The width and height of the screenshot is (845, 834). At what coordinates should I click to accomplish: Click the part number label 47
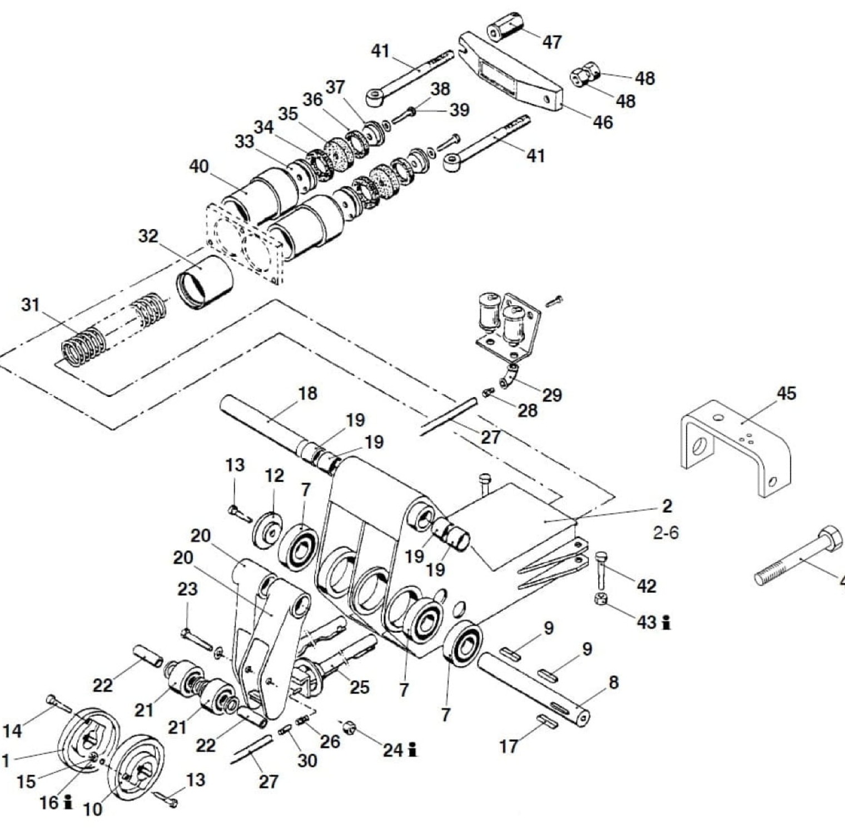pos(551,42)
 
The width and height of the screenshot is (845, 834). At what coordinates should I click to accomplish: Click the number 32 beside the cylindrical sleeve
pos(148,236)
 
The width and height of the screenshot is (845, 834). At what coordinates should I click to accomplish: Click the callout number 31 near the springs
pos(31,305)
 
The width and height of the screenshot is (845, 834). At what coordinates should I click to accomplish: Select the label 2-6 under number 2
pos(666,533)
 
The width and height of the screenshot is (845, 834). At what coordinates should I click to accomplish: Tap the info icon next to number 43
pos(666,623)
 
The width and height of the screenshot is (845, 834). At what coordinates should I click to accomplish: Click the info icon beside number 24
pos(412,750)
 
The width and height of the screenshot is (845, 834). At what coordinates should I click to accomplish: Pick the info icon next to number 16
pos(68,802)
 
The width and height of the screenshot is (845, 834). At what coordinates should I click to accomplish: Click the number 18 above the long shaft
pos(307,393)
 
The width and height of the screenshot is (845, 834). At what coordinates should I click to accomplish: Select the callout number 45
pos(786,394)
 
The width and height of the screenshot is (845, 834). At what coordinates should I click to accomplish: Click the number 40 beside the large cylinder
pos(199,166)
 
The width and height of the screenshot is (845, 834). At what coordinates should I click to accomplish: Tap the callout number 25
pos(359,687)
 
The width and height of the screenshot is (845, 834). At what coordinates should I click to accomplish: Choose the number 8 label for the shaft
pos(613,682)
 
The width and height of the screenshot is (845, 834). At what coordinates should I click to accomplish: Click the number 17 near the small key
pos(509,746)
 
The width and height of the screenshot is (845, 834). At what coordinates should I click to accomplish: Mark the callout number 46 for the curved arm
pos(603,122)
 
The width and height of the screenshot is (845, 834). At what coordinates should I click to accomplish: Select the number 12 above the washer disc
pos(274,475)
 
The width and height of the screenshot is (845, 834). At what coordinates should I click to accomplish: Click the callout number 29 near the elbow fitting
pos(552,395)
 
